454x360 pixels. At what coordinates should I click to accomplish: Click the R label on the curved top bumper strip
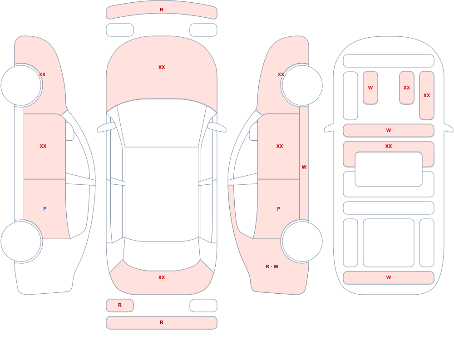pos(162,10)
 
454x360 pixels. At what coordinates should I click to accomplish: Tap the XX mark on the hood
pos(162,67)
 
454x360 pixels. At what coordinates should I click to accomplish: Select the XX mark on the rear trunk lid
pos(162,277)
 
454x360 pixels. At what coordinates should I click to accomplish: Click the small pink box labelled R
pos(120,305)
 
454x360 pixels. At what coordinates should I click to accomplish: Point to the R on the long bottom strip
pos(162,322)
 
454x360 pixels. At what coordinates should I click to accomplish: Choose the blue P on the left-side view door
pos(44,209)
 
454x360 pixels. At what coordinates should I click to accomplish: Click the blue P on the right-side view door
pos(279,209)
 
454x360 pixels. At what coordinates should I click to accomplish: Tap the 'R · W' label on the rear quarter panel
pos(272,266)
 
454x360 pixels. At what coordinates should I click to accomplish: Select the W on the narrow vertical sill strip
pos(304,167)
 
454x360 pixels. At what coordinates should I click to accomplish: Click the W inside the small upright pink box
pos(370,88)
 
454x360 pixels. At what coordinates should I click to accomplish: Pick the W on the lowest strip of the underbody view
pos(389,277)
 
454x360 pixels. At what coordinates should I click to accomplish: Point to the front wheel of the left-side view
pos(21,85)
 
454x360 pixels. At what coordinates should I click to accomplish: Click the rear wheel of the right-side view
pos(302,242)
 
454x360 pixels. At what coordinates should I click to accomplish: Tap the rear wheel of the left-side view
pos(21,242)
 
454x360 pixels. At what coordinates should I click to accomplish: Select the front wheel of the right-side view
pos(302,85)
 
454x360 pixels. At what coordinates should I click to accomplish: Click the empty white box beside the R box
pos(203,305)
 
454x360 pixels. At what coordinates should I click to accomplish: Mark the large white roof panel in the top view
pos(162,194)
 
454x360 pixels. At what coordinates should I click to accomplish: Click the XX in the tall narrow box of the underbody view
pos(427,95)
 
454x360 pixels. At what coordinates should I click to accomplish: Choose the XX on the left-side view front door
pos(43,146)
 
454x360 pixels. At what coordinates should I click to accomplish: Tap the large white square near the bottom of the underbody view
pos(389,243)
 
